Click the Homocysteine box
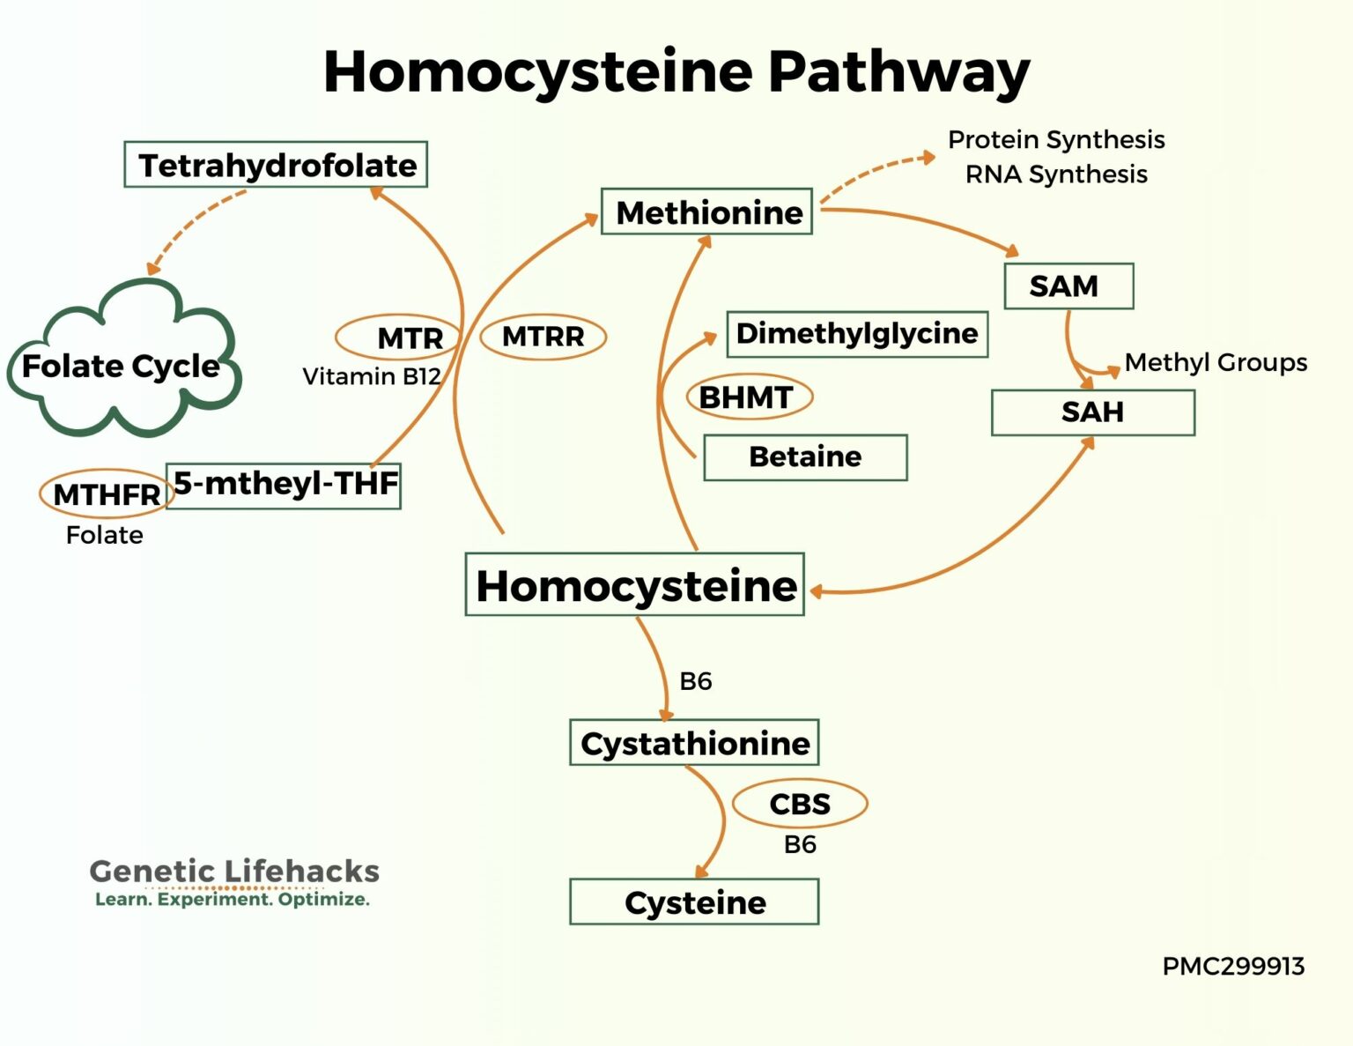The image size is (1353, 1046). coord(634,585)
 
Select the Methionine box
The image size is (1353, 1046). coord(706,212)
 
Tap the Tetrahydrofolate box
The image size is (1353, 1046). coord(276,165)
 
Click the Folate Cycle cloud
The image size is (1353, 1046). coord(122,365)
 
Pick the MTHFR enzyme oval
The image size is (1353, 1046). coord(105,493)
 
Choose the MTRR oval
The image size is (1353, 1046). coord(543,337)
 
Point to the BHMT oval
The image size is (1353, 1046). coord(748,397)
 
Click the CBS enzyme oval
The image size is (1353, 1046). coord(799,804)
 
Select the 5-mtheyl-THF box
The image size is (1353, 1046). coord(284,485)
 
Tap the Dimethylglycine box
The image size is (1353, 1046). coord(856,334)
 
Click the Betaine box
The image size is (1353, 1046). coord(805,456)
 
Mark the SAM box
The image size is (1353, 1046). coord(1068,286)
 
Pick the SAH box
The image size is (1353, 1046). coord(1092,412)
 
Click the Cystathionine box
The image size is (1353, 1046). coord(694,743)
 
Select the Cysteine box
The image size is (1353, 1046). coord(694,902)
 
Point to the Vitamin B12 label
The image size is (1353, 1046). coord(371,376)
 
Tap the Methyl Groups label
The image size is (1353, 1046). coord(1216,362)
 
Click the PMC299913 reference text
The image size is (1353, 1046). coord(1232,967)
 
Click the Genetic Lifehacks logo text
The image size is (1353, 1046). coord(234,872)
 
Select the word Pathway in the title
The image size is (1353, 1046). coord(898,71)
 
